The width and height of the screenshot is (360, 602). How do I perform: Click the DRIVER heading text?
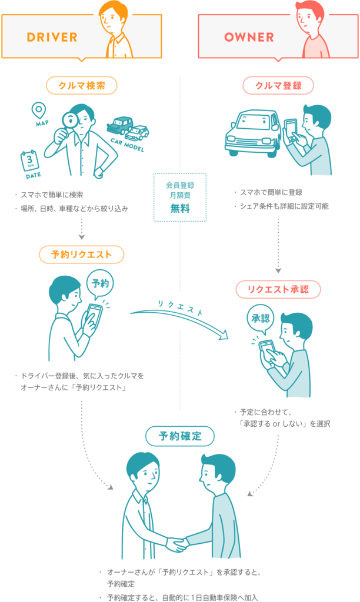[52, 37]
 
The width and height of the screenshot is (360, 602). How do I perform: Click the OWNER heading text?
[249, 37]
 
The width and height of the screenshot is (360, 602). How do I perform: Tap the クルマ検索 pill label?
[82, 86]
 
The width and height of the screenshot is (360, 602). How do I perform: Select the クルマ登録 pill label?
[278, 86]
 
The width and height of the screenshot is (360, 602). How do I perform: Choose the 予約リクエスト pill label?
[82, 254]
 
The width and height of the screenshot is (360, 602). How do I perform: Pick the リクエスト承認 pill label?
[278, 289]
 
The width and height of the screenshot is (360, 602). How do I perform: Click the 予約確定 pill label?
[180, 436]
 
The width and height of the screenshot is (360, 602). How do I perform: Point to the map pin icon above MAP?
[39, 110]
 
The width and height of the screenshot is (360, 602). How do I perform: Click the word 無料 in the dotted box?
[180, 209]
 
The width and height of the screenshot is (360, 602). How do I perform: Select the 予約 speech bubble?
[100, 283]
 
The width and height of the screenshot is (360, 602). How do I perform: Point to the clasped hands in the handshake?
[176, 544]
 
